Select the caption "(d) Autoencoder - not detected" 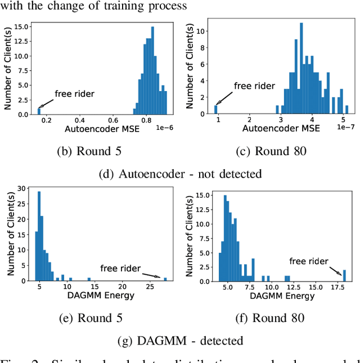pyautogui.click(x=180, y=174)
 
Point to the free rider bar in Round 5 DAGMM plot pyautogui.click(x=165, y=279)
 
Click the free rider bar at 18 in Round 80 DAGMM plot pyautogui.click(x=344, y=275)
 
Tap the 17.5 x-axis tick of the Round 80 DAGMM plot pyautogui.click(x=339, y=288)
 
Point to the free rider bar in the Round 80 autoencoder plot pyautogui.click(x=216, y=110)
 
